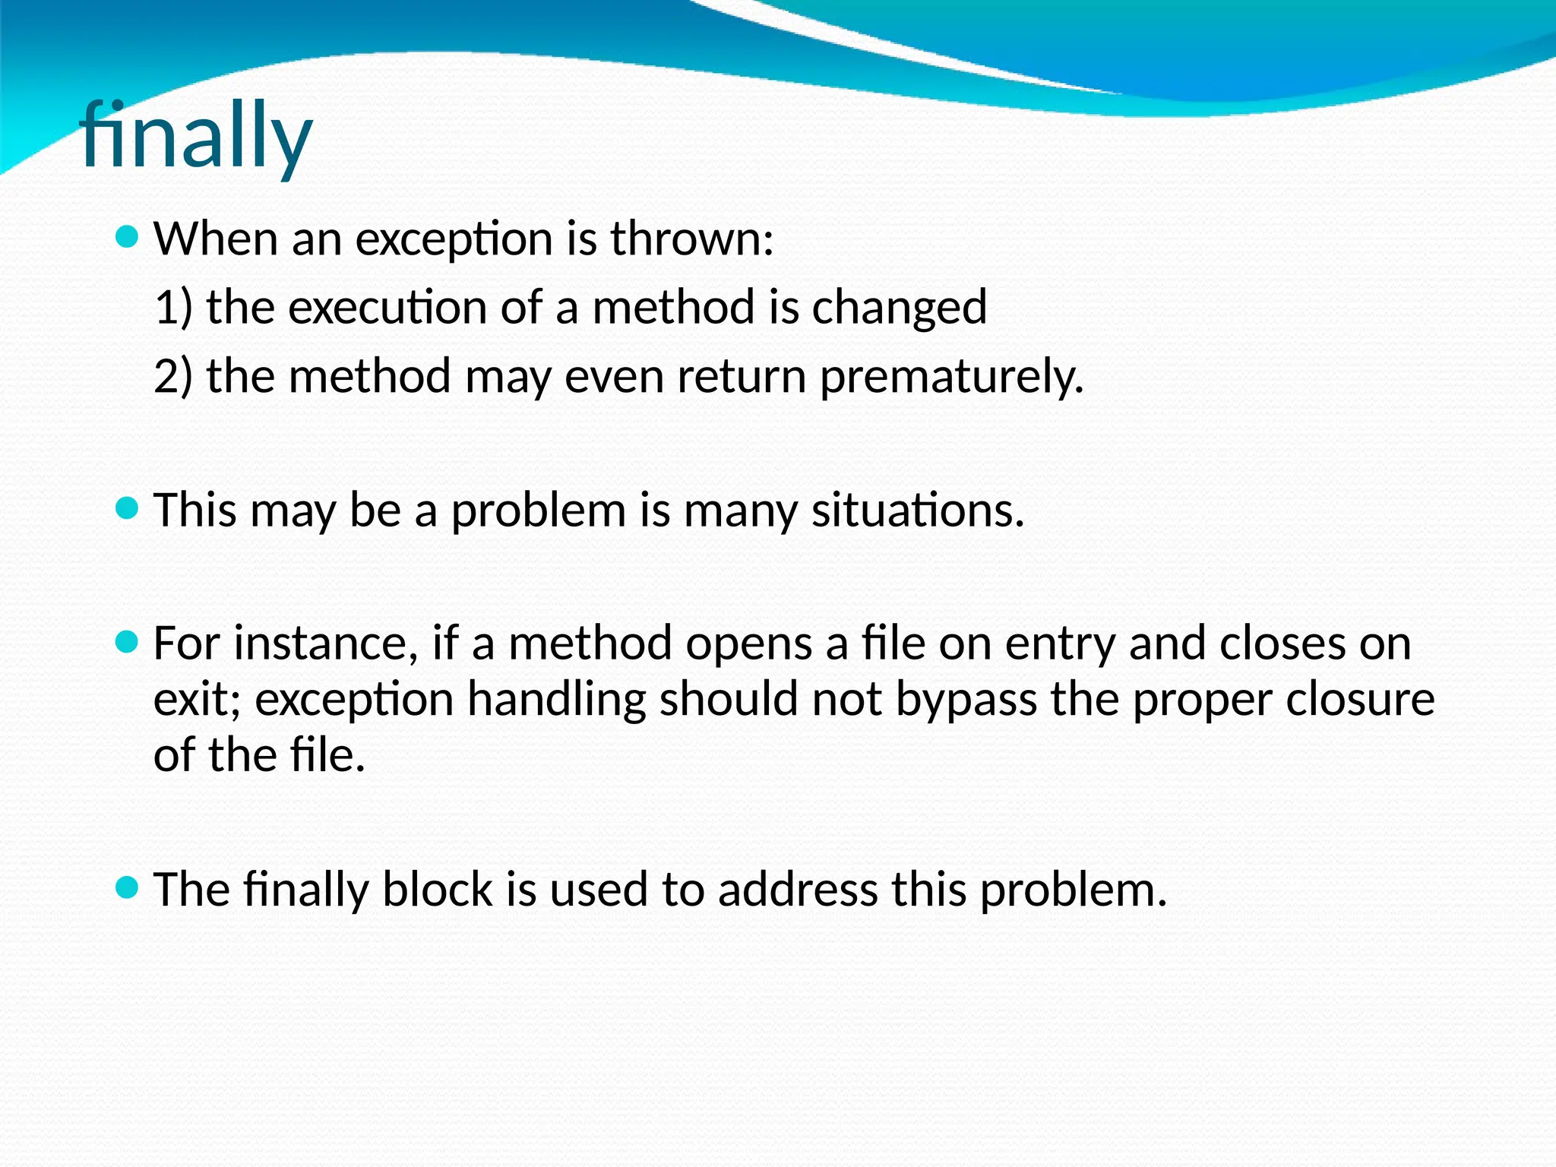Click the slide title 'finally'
point(195,137)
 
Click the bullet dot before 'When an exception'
point(127,237)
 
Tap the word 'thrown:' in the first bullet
point(692,239)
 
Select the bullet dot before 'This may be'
point(127,508)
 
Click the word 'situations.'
point(918,510)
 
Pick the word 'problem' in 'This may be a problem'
point(539,511)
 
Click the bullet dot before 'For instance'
point(127,642)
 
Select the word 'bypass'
point(966,701)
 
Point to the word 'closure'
point(1360,699)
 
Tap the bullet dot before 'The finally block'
point(127,887)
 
